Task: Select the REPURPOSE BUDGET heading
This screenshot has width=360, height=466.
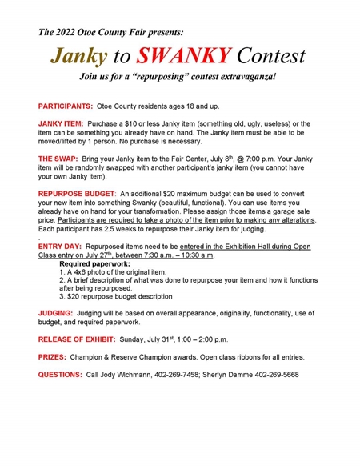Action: pyautogui.click(x=77, y=194)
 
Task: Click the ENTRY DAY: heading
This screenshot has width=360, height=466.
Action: pyautogui.click(x=62, y=245)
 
